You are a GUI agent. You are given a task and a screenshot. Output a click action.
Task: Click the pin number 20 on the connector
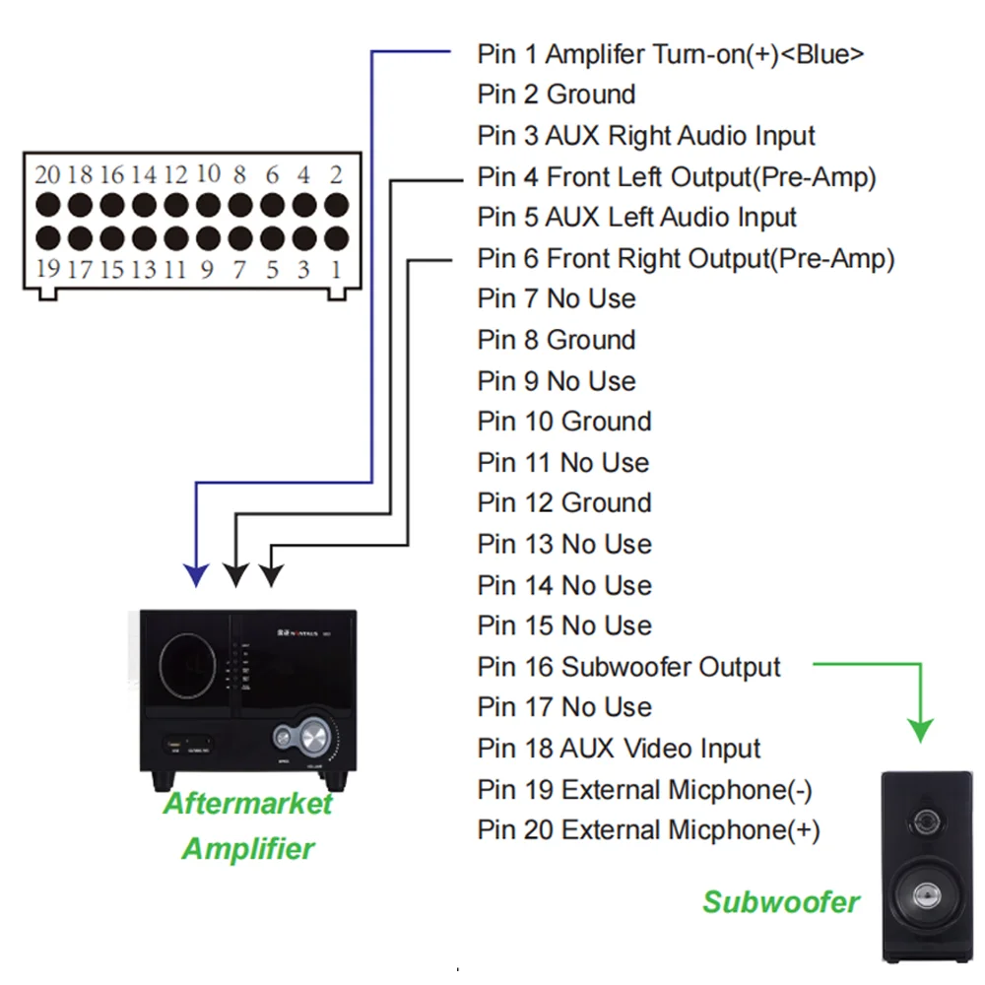[x=47, y=175]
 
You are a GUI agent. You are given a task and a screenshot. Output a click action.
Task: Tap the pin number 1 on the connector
[x=336, y=268]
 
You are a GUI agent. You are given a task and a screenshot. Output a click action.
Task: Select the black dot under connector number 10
[x=208, y=206]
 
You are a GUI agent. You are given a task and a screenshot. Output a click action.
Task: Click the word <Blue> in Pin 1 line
[x=822, y=53]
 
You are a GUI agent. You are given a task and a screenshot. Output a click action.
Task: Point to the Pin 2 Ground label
[x=557, y=95]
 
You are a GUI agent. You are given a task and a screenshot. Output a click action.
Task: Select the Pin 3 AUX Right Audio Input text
[x=646, y=136]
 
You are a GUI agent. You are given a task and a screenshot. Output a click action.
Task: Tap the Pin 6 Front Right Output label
[x=686, y=259]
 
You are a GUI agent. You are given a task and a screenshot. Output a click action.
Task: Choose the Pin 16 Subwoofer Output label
[x=628, y=667]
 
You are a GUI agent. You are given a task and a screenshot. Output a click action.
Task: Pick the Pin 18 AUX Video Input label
[x=619, y=749]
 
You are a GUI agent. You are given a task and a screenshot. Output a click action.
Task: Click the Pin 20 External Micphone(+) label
[x=648, y=830]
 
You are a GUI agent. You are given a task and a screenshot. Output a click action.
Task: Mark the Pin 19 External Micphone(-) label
[x=644, y=790]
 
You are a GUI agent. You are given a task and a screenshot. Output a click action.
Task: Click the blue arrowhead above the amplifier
[x=198, y=574]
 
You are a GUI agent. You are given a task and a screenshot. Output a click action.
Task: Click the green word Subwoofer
[x=780, y=901]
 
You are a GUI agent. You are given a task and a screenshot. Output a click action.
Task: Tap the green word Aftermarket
[x=247, y=804]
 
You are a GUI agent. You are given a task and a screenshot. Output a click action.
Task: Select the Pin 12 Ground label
[x=564, y=503]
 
